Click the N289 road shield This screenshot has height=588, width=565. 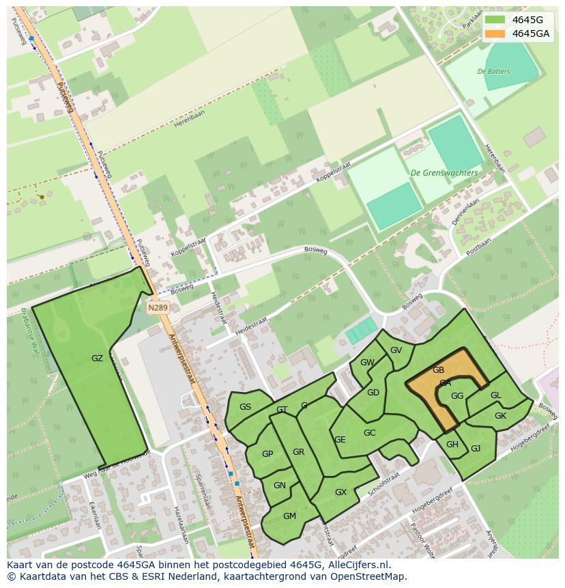tap(158, 308)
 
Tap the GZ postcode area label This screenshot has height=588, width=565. tap(97, 359)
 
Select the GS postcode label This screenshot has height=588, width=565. tap(245, 407)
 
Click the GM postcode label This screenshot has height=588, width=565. tap(289, 516)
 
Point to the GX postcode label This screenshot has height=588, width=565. tap(341, 492)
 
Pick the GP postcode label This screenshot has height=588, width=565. tap(267, 454)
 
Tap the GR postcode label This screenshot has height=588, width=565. tap(298, 452)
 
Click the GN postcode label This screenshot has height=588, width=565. tap(279, 486)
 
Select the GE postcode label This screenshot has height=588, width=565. tap(340, 440)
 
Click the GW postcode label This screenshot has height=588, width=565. tap(367, 363)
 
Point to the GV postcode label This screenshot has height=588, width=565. tap(396, 350)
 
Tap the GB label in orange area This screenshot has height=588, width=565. tap(438, 370)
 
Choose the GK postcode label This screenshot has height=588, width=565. tap(500, 416)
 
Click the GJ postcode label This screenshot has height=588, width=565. tap(476, 449)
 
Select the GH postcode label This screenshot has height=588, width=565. tap(452, 445)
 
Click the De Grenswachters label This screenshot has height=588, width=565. tap(444, 173)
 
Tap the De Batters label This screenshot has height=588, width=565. tap(493, 72)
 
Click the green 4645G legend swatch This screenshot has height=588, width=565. tap(495, 20)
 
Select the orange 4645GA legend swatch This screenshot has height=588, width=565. tap(495, 33)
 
